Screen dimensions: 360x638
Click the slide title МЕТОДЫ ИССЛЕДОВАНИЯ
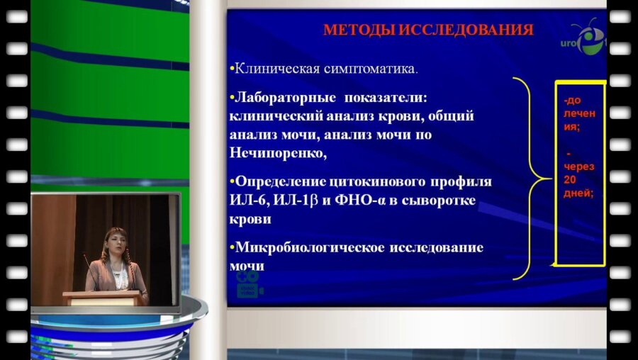428,30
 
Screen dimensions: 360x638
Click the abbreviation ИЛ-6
247,201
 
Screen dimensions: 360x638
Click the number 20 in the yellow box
571,179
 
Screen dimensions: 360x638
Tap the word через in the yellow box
579,167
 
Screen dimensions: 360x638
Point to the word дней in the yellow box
578,193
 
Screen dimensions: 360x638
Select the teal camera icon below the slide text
249,283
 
